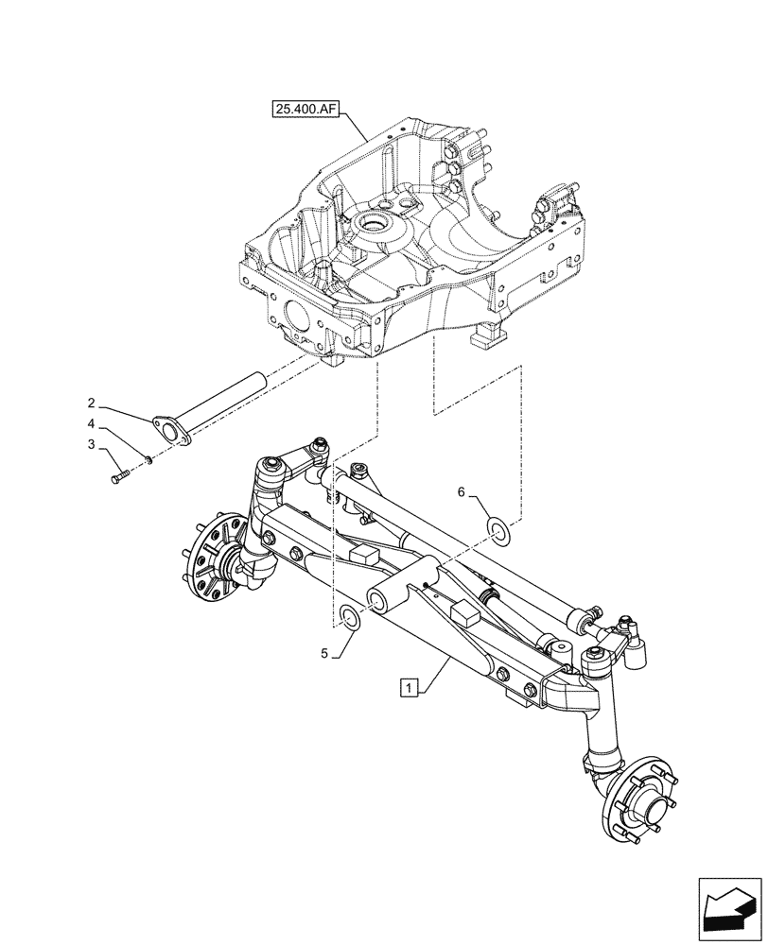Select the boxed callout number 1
tap(408, 687)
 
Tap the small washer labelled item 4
tap(148, 458)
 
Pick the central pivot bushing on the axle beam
tap(389, 599)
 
